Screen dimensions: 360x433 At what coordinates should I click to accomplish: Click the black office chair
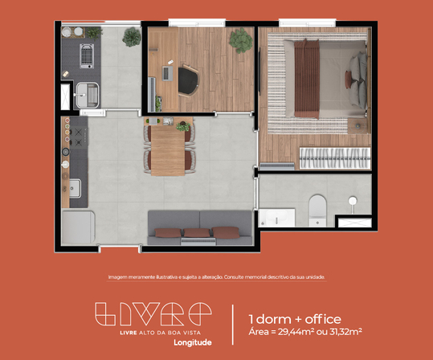click(x=190, y=80)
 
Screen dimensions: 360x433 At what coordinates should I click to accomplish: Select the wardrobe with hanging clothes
click(x=333, y=157)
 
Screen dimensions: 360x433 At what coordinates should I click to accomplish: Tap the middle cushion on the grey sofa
click(x=195, y=233)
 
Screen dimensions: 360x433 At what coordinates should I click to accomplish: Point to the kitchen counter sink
click(x=75, y=189)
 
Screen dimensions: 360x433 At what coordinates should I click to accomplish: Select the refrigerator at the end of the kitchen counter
click(x=78, y=226)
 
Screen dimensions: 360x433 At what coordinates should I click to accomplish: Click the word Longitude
click(x=192, y=342)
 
